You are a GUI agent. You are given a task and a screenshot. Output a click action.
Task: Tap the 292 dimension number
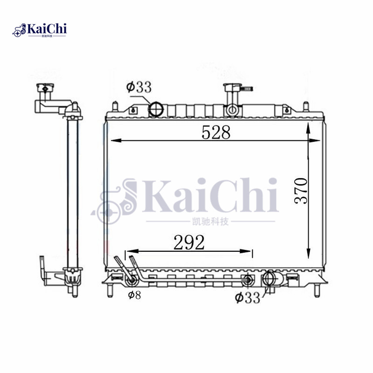click(x=189, y=242)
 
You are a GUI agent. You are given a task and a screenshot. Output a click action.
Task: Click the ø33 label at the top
click(x=138, y=87)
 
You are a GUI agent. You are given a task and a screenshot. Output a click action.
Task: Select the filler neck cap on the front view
click(x=232, y=87)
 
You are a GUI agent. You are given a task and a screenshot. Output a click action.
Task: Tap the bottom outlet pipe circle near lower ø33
click(x=269, y=278)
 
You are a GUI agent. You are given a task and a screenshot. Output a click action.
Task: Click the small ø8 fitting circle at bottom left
click(x=132, y=281)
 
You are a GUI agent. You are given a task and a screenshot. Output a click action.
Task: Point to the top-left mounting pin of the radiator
click(x=114, y=105)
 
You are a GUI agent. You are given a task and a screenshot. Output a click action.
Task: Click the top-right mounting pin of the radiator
click(x=306, y=105)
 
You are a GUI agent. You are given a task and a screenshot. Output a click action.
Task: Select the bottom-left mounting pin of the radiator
click(x=110, y=290)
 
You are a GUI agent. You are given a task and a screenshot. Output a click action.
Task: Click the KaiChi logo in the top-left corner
click(x=40, y=30)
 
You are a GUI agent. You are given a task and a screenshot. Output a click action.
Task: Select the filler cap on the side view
click(x=45, y=87)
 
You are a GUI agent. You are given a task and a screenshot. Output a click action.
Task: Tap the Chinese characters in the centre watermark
click(x=210, y=221)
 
